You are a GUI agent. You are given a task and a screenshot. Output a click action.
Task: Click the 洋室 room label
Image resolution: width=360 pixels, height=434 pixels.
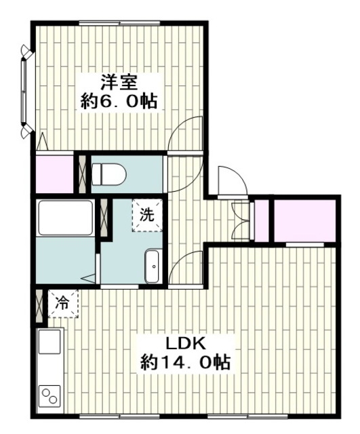120,83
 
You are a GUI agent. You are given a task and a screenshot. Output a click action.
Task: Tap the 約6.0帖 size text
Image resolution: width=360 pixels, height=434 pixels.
120,102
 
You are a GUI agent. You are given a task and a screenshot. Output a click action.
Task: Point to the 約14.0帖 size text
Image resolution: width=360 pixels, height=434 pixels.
184,362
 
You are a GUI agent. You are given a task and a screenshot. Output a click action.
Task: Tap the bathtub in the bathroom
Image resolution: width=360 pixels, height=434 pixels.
65,218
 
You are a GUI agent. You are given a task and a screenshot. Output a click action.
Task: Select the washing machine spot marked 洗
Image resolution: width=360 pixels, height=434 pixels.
147,216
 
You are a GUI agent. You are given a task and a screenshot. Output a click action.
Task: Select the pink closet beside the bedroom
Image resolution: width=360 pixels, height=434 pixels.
53,174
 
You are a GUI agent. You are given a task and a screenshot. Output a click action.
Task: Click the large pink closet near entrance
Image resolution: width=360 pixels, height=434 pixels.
304,221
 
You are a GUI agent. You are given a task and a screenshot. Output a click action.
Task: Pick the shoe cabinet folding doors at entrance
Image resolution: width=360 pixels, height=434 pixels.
240,220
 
